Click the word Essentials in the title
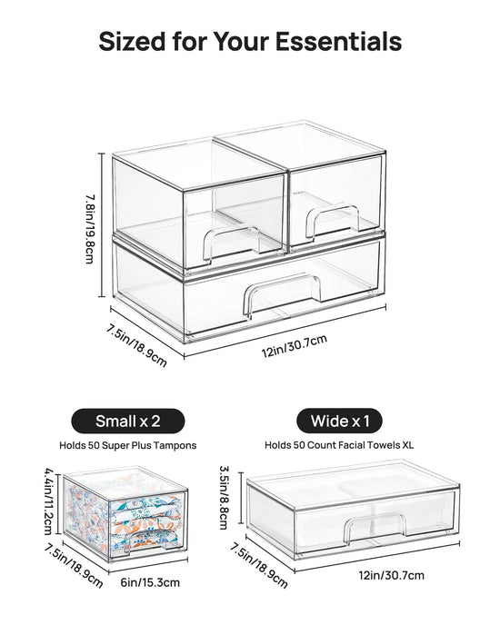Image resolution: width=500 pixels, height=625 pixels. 339,41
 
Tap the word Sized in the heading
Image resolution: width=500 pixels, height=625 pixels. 132,41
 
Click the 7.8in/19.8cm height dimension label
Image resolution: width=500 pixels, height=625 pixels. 90,229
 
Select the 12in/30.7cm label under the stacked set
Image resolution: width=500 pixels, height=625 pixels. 295,345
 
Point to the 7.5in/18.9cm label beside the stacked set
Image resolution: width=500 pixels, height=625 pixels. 136,345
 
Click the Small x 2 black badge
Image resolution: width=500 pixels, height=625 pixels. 127,421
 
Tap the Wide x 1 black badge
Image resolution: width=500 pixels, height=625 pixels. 340,421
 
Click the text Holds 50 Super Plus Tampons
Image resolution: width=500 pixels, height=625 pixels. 127,445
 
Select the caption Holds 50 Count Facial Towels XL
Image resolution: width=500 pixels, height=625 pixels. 339,445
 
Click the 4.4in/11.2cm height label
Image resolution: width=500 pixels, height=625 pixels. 48,501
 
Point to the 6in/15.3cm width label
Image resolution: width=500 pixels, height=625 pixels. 150,582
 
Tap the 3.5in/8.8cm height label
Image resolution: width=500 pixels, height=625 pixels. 224,498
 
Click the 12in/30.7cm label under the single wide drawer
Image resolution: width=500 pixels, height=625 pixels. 392,575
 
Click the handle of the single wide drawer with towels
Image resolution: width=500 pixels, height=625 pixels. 375,527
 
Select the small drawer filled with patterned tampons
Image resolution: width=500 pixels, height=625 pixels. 125,514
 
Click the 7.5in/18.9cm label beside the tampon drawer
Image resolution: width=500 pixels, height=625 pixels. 74,565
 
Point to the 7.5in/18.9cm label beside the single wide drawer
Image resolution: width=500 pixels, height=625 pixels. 258,566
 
